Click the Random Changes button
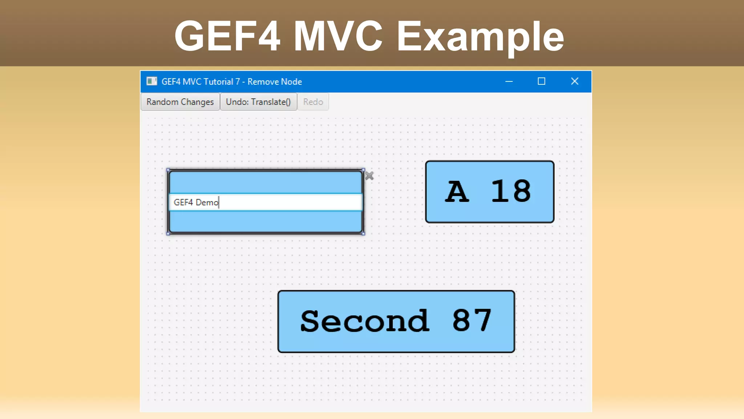click(x=180, y=102)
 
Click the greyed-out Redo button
click(x=313, y=102)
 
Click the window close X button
click(x=574, y=81)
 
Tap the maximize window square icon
click(x=541, y=81)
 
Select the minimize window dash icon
click(x=509, y=81)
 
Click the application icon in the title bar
click(x=151, y=81)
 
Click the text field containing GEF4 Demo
click(x=265, y=202)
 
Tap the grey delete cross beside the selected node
click(x=369, y=176)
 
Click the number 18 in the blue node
click(x=511, y=191)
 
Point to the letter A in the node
click(x=457, y=191)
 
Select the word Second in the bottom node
click(x=365, y=321)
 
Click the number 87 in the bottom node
click(x=472, y=320)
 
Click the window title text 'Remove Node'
click(x=275, y=81)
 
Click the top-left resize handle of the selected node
click(x=168, y=170)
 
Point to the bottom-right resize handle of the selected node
click(x=363, y=234)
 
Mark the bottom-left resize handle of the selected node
click(x=168, y=234)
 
